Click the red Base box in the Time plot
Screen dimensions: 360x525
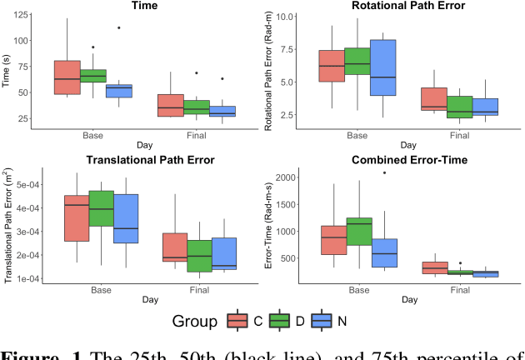tap(67, 77)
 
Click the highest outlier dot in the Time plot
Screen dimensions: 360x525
tap(119, 27)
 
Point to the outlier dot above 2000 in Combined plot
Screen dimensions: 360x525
tap(384, 172)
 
